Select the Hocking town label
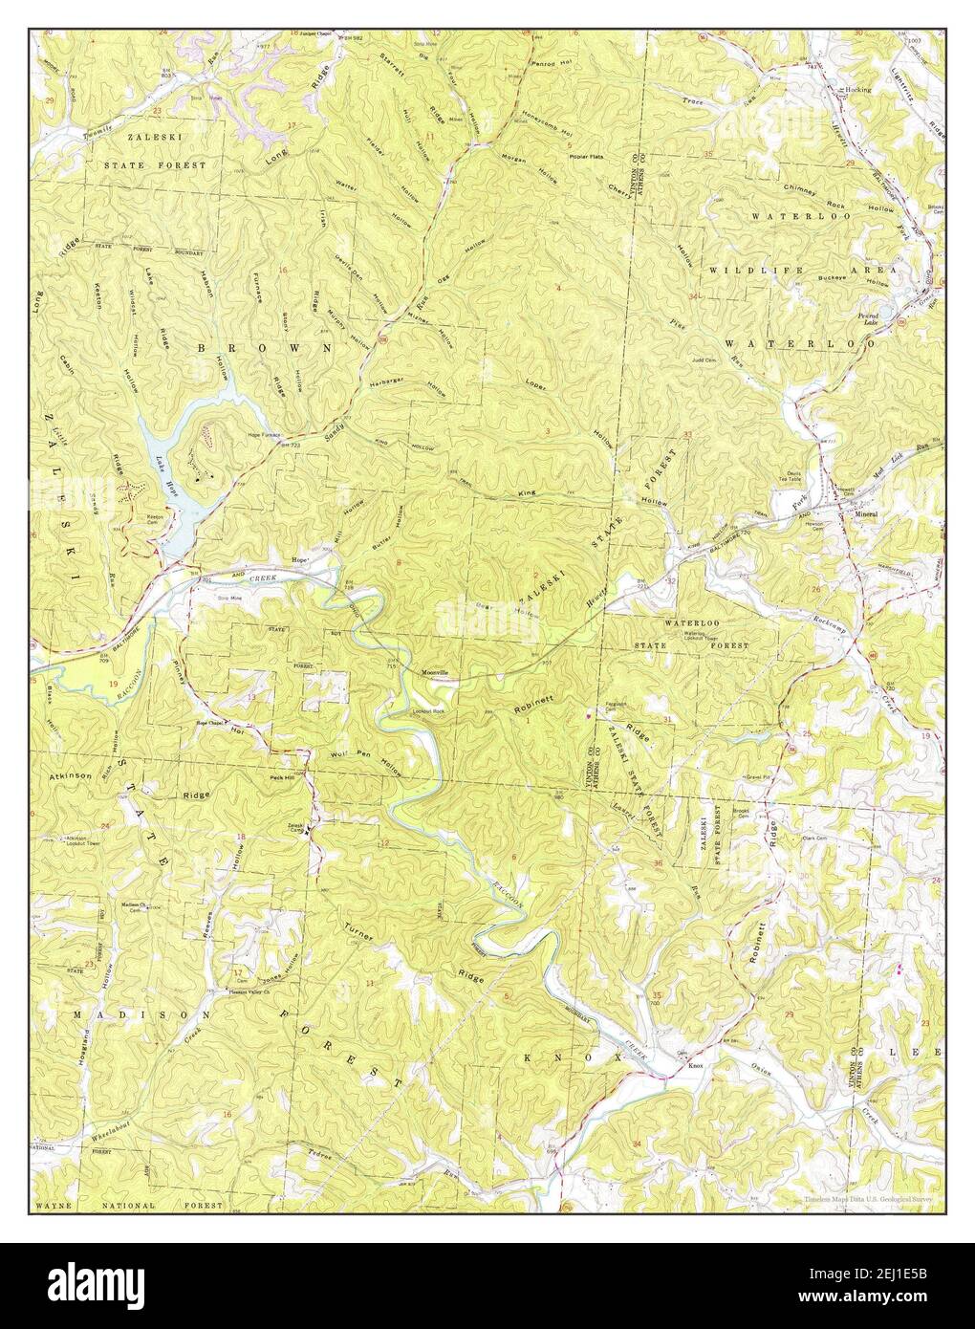tap(857, 90)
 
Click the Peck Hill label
tap(282, 777)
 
